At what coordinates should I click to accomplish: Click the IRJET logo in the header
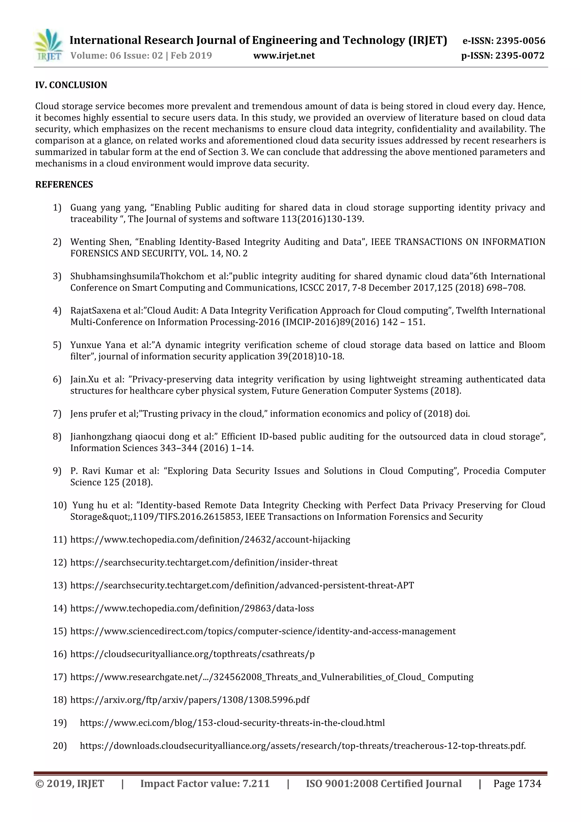tap(48, 46)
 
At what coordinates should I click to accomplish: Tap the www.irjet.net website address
tap(284, 56)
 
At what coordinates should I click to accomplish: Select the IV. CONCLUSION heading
tap(71, 85)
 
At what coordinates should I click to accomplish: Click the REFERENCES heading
tap(64, 185)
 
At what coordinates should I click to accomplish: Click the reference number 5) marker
tap(57, 345)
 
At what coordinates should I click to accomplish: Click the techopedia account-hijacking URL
tap(210, 540)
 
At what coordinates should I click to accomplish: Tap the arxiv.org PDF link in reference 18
tap(190, 700)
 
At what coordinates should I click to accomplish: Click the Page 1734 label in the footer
tap(517, 784)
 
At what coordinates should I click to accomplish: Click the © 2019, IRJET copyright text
tap(70, 784)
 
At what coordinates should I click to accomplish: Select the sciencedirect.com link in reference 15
tap(263, 631)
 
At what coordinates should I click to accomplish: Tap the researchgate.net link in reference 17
tap(271, 677)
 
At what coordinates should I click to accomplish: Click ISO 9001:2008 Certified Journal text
tap(384, 784)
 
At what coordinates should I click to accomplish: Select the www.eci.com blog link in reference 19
tap(232, 723)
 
